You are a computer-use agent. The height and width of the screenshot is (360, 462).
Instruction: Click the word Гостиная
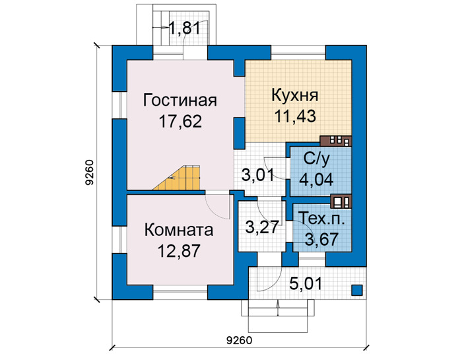click(x=180, y=100)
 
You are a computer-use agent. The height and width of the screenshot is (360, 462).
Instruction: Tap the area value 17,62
click(x=180, y=121)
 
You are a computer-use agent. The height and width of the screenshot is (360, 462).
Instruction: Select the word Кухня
click(x=294, y=96)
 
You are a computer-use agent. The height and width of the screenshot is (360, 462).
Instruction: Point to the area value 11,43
click(x=295, y=116)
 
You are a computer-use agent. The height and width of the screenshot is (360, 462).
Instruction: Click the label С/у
click(x=316, y=159)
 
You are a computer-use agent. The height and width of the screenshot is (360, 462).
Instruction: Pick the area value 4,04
click(x=316, y=179)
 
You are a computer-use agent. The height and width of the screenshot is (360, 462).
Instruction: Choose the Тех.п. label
click(x=321, y=219)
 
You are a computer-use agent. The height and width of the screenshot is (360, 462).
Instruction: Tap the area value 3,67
click(x=321, y=239)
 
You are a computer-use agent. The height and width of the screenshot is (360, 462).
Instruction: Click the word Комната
click(x=179, y=230)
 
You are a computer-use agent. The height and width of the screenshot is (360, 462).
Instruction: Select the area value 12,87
click(x=179, y=251)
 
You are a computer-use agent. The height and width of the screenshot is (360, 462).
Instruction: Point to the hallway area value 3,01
click(x=258, y=175)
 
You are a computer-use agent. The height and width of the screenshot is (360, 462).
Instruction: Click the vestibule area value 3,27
click(x=262, y=227)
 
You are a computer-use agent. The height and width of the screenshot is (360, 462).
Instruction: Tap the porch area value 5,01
click(x=306, y=283)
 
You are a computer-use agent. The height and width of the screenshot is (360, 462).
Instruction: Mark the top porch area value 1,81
click(x=184, y=28)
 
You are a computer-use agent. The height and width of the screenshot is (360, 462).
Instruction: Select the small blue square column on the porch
click(x=357, y=290)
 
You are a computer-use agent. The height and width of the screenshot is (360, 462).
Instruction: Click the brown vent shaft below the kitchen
click(x=336, y=141)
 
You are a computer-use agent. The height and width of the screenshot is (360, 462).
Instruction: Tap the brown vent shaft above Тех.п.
click(x=341, y=201)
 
